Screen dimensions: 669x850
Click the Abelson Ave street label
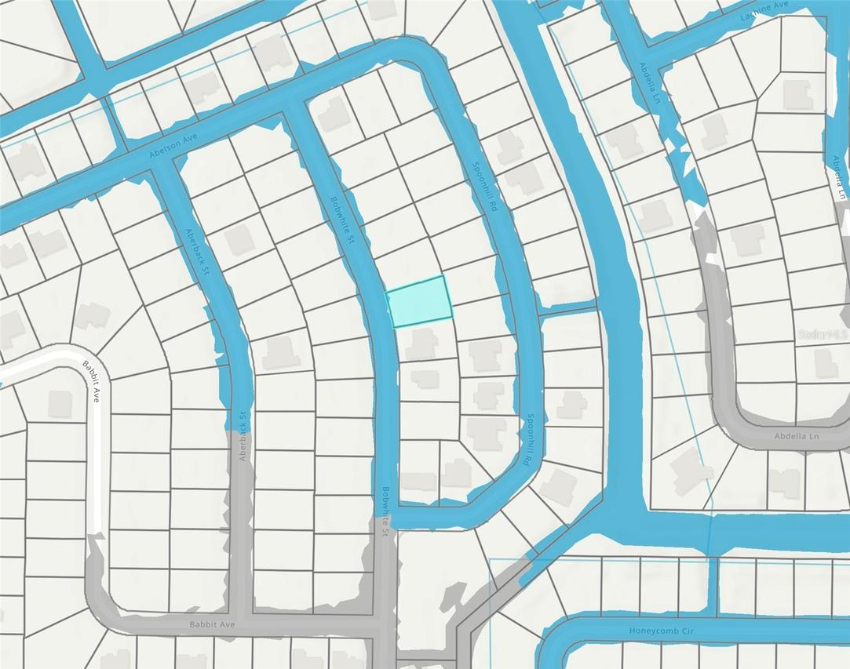tap(173, 147)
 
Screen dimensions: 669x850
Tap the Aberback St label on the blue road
tap(197, 251)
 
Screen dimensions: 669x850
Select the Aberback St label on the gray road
tap(243, 436)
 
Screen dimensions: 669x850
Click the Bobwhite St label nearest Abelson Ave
tap(341, 220)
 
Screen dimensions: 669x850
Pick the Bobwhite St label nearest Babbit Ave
tap(385, 511)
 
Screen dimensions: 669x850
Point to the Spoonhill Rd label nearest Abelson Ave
tap(484, 187)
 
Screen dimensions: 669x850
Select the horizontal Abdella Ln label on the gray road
tap(796, 436)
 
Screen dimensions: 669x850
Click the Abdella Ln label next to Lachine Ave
tap(648, 83)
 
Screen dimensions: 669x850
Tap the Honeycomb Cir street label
tap(664, 630)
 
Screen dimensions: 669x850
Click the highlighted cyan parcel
tap(420, 300)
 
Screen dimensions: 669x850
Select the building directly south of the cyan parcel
tap(424, 344)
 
